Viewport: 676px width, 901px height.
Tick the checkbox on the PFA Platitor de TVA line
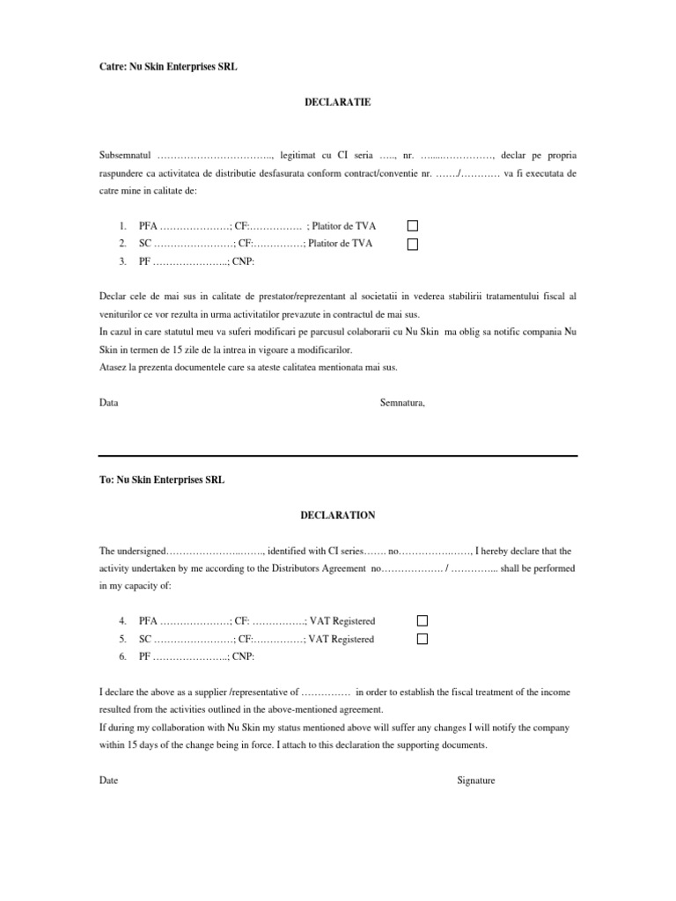(x=412, y=226)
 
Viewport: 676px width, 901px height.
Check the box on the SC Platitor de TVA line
(x=412, y=244)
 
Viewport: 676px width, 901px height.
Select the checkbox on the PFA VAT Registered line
(x=422, y=621)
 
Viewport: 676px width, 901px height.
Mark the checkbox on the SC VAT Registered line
(x=422, y=639)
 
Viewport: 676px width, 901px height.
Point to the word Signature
(x=475, y=780)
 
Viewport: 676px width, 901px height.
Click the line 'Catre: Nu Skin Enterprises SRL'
(x=168, y=66)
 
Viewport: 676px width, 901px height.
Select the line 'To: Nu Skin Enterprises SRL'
(x=162, y=480)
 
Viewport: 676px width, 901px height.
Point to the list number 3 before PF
(x=122, y=261)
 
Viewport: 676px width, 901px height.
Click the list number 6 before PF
(x=122, y=656)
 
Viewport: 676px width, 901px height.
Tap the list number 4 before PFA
(x=122, y=621)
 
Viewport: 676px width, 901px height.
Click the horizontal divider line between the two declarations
(x=338, y=455)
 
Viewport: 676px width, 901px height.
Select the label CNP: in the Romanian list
(x=243, y=261)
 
